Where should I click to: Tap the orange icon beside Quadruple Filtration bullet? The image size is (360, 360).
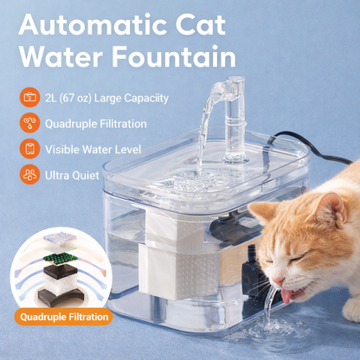click(x=29, y=123)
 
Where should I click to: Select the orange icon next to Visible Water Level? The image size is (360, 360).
click(x=29, y=149)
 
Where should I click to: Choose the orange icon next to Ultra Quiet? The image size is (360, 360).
click(x=29, y=175)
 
